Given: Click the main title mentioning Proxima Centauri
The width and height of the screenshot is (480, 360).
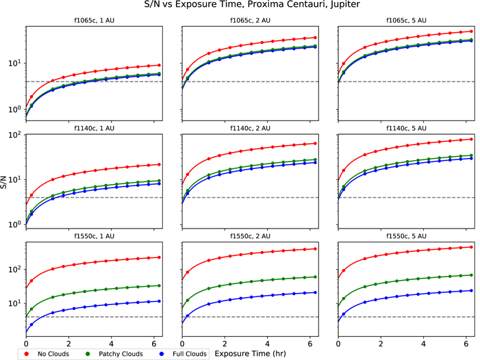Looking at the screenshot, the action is point(252,5).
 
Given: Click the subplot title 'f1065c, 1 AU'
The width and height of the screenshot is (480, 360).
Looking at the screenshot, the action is point(94,21).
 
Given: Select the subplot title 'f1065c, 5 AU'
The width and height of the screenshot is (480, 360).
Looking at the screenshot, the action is point(406,21).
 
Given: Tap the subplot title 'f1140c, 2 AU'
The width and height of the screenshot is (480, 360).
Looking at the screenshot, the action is point(251,128).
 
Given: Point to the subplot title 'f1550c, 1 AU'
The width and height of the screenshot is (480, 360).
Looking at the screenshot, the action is point(94,236).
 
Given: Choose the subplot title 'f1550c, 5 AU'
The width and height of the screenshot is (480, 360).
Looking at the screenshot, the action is point(406,236).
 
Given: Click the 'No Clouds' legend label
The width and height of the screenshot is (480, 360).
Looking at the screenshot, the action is point(53,354).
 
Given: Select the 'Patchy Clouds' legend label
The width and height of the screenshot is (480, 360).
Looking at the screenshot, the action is point(121,354).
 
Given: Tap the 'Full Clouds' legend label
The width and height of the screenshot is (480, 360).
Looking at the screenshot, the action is point(190,354).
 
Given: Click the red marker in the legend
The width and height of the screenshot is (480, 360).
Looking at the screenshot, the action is point(27,354).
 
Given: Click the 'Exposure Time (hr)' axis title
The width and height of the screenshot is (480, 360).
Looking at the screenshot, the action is point(250,354).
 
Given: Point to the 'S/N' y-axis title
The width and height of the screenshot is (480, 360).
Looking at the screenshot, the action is point(3,182).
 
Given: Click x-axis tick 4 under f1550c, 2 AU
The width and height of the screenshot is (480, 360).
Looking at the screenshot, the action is point(267,344).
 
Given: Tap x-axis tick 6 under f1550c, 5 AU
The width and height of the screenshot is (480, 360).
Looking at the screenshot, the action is point(466,344).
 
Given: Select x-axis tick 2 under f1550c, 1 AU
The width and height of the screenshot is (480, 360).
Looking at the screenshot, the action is point(69,344).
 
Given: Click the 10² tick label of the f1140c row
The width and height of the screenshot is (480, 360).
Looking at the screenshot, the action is point(15,135).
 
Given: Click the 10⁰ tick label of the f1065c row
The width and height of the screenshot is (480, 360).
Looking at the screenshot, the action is point(15,110).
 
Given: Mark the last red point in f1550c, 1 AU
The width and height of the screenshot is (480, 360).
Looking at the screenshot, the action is point(159,257).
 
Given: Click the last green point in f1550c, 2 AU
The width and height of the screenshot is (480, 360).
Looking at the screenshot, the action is point(315,277).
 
